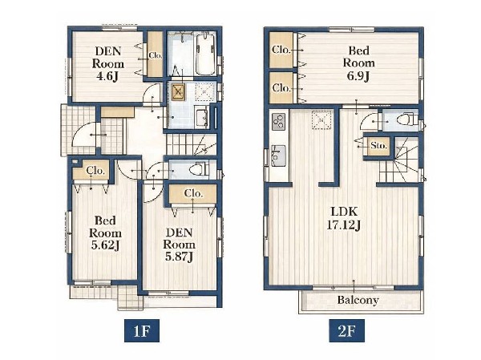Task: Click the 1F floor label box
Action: tap(142, 330)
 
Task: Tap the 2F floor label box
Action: tap(346, 330)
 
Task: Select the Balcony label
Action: tap(358, 300)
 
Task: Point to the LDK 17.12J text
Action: tap(344, 218)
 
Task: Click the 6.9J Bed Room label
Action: tap(358, 63)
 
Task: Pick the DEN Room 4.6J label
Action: tap(108, 64)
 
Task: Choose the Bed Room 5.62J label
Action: tap(105, 233)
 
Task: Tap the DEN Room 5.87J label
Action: tap(179, 245)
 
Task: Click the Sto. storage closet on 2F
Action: tap(378, 145)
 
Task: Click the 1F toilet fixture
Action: tap(199, 169)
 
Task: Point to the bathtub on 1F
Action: tap(205, 54)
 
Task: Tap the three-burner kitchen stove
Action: tap(278, 120)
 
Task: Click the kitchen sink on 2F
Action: tap(278, 156)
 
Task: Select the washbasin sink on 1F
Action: tap(201, 117)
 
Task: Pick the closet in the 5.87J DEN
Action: tap(192, 194)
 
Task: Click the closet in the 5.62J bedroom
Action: tap(91, 171)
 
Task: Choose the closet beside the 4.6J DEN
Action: tap(155, 55)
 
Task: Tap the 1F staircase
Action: tap(192, 144)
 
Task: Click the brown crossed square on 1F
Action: tap(178, 91)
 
